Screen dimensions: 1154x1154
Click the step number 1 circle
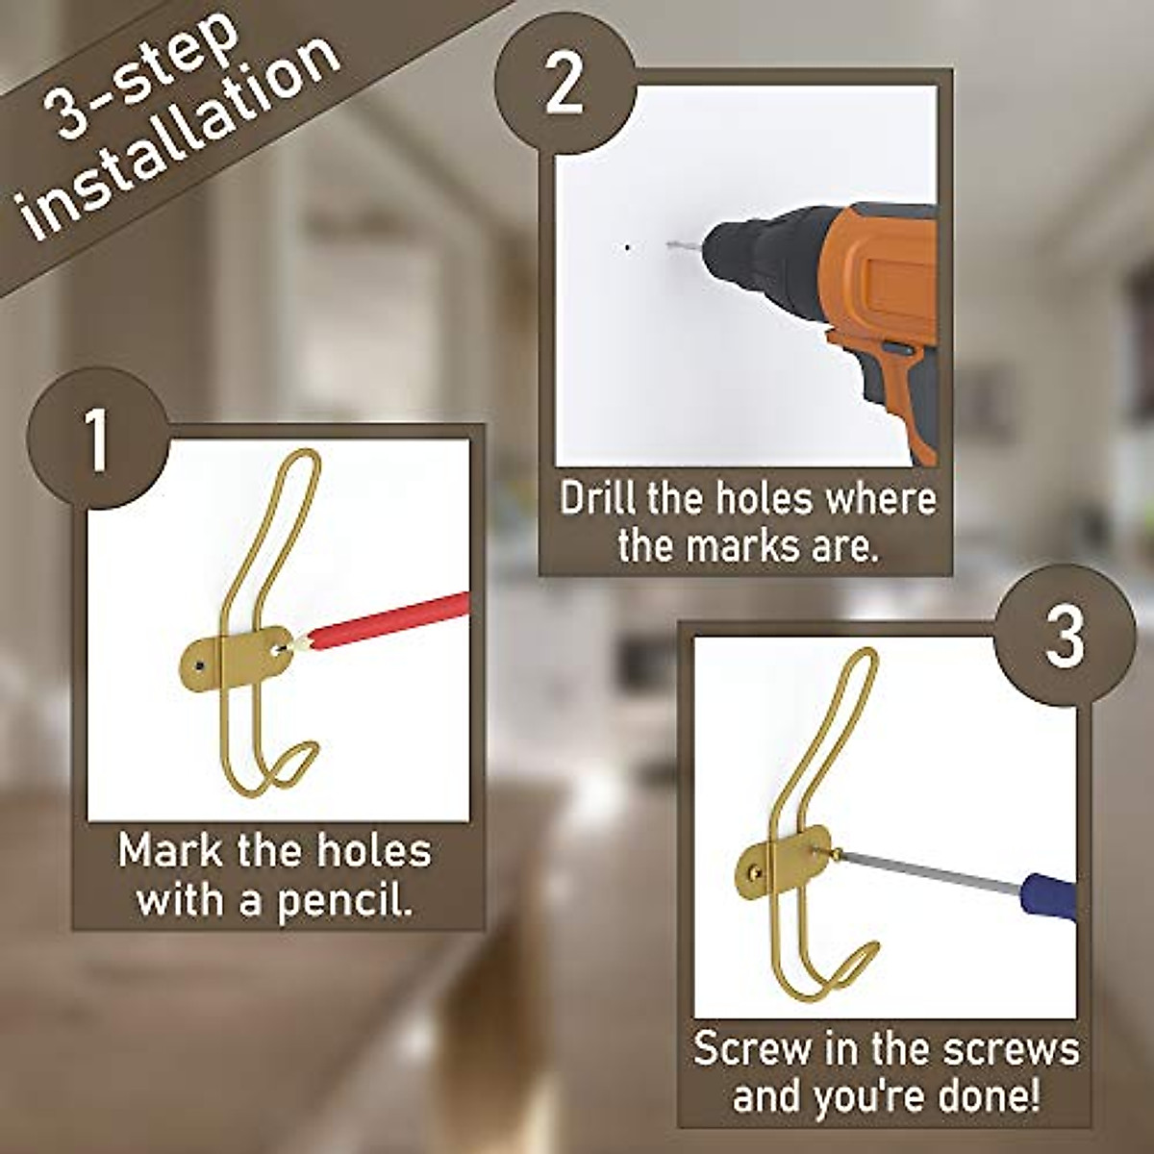(x=97, y=441)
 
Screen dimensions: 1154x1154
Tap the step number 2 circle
(x=564, y=85)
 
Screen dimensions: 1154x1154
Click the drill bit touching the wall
(x=685, y=246)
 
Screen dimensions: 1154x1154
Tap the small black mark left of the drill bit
(x=628, y=247)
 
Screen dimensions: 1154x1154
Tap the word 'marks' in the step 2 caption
(x=740, y=546)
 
